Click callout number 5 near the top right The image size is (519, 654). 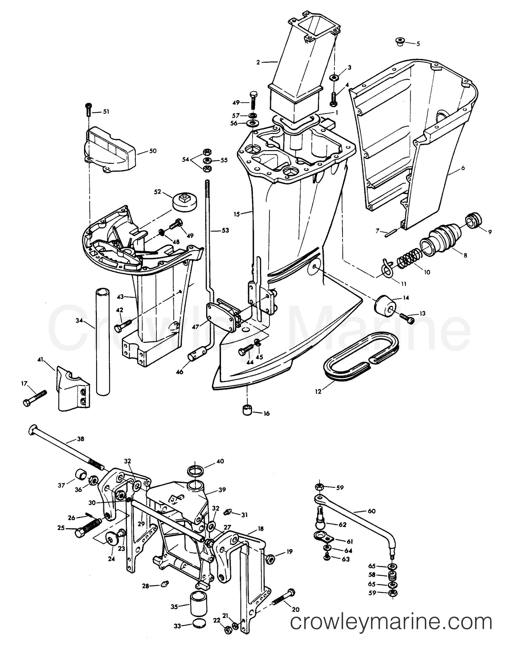point(418,44)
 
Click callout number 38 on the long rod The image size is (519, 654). point(81,439)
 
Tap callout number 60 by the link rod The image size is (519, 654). point(371,511)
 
